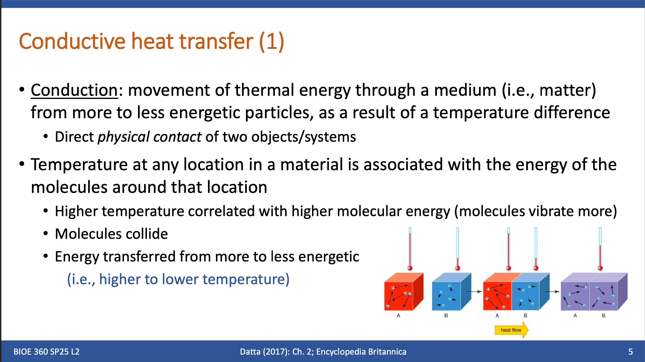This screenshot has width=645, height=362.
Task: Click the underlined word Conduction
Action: point(74,90)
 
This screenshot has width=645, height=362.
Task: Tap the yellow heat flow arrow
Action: point(511,330)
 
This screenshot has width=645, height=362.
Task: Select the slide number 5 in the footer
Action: point(630,352)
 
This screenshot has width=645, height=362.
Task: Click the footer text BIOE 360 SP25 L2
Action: point(46,352)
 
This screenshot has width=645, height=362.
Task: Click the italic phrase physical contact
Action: point(150,137)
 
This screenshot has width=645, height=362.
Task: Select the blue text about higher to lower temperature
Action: point(178,279)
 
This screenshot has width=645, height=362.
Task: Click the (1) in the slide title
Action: point(272,41)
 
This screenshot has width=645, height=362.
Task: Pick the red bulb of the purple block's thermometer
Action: point(600,268)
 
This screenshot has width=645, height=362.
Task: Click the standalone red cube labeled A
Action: point(404,292)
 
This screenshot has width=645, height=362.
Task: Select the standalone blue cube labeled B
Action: point(452,292)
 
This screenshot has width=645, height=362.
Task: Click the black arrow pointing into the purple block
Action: point(552,292)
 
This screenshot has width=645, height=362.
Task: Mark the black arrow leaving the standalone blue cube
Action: point(474,292)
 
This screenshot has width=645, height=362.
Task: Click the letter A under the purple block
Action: point(575,316)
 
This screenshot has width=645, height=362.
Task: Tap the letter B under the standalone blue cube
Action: point(446,316)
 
